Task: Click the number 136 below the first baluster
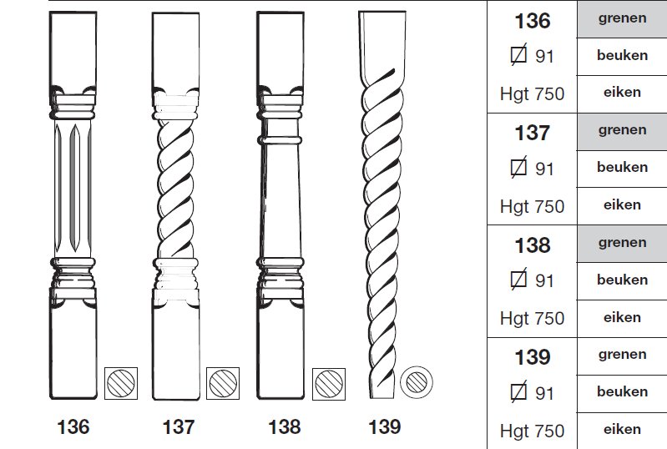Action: pos(73,427)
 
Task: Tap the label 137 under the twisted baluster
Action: pos(179,427)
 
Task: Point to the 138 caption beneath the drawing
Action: pos(285,427)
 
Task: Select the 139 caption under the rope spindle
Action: pos(385,427)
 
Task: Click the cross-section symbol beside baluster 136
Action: pos(121,383)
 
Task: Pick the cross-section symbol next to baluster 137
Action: pos(223,383)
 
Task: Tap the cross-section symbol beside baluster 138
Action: pos(329,384)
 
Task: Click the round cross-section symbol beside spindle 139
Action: pos(417,382)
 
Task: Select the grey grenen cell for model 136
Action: pos(622,19)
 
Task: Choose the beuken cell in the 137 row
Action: pos(622,169)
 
